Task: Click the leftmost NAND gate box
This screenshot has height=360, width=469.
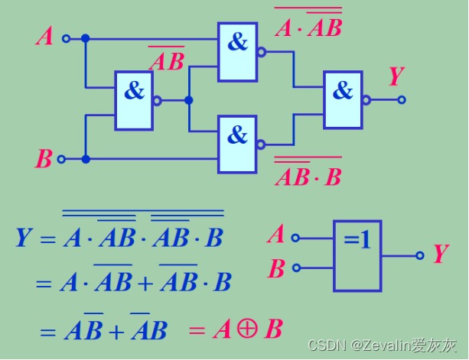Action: click(x=134, y=100)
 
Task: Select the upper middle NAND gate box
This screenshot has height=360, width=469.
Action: click(x=237, y=52)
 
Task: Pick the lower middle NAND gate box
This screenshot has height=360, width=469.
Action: click(x=237, y=144)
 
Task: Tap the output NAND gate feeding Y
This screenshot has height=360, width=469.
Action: click(x=343, y=99)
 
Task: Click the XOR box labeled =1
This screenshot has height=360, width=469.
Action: click(x=357, y=255)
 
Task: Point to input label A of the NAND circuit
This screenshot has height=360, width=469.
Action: click(x=44, y=36)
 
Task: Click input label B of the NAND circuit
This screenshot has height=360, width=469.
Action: click(x=44, y=159)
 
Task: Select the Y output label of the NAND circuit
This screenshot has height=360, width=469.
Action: click(x=396, y=77)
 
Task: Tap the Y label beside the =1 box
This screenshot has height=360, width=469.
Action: click(x=440, y=255)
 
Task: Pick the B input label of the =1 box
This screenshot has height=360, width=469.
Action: click(x=276, y=268)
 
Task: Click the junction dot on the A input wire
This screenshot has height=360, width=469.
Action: click(x=86, y=38)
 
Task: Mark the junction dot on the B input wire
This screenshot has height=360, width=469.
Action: click(x=86, y=159)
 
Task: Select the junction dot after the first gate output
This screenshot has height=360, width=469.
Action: click(x=189, y=100)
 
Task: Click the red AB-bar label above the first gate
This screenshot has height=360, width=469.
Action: click(x=166, y=60)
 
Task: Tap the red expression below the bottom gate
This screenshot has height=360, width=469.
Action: click(x=308, y=174)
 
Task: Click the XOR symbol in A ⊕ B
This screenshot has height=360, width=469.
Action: click(x=246, y=329)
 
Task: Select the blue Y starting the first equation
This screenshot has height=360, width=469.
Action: click(x=24, y=238)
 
